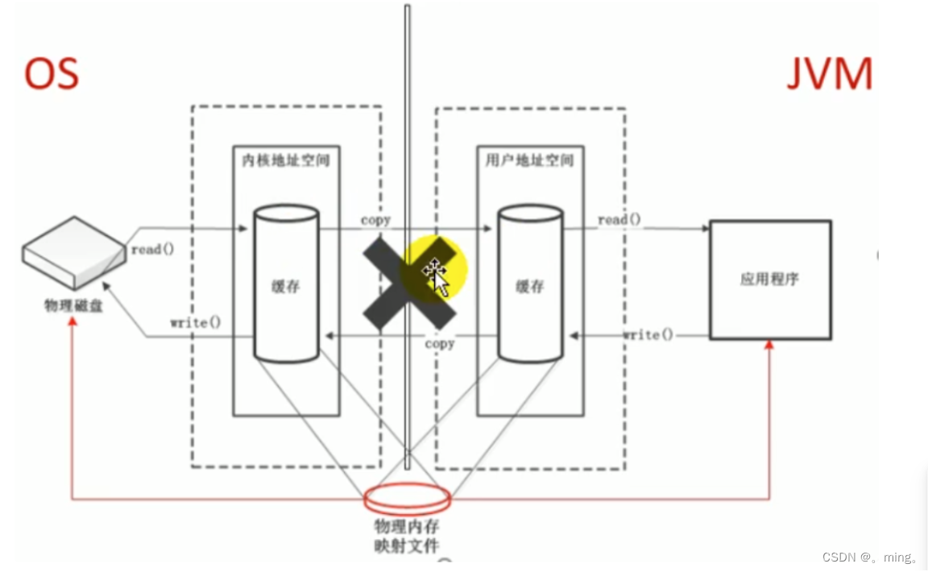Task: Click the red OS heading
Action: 52,73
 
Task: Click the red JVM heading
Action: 829,75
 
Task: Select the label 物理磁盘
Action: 73,305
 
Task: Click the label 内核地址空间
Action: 286,160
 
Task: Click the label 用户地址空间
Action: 529,160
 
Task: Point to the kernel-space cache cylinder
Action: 286,284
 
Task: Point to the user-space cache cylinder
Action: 529,284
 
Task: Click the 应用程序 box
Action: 769,280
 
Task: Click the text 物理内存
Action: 407,528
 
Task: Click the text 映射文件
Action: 407,545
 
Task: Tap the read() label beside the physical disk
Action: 151,249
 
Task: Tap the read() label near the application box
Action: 619,220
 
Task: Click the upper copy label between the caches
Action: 375,219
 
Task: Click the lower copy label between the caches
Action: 439,344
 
